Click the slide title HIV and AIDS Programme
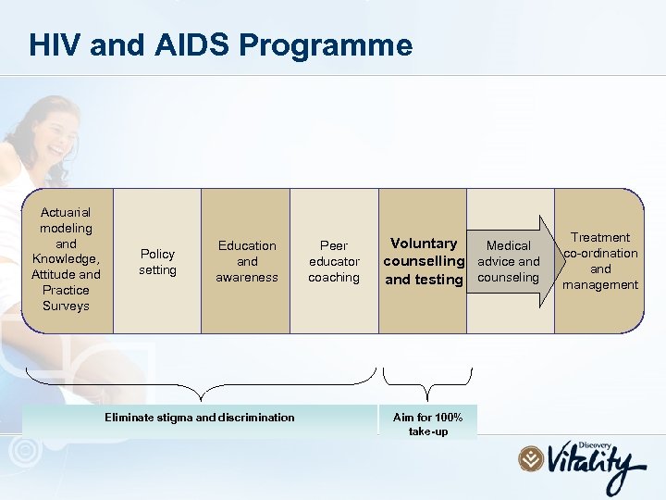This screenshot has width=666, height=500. point(220,44)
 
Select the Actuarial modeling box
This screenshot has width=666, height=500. point(66,259)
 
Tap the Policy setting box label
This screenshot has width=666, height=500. point(157,261)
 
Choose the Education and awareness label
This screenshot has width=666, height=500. point(247,261)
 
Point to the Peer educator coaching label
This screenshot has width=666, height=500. point(334,261)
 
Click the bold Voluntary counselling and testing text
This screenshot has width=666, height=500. point(424,261)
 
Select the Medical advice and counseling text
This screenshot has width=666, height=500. point(509,261)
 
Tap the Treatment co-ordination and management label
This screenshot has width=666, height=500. point(601,261)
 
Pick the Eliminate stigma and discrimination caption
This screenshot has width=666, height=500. point(200,418)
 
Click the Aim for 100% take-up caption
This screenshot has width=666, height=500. point(427,424)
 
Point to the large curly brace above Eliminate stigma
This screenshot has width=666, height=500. point(200,381)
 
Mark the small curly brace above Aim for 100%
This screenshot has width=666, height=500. point(427,381)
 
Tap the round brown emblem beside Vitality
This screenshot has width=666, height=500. point(531,458)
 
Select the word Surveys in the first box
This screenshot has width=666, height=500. point(66,306)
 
